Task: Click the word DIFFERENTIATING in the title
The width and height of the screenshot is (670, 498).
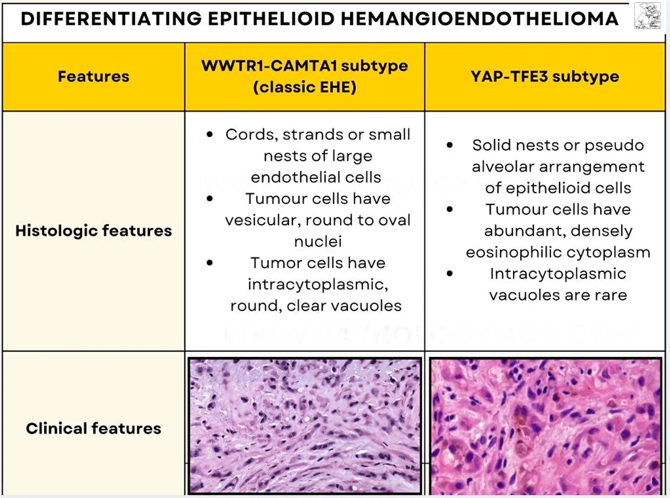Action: tap(111, 19)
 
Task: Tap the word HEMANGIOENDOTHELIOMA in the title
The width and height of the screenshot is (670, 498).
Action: tap(480, 19)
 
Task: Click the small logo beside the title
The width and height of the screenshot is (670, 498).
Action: tap(648, 16)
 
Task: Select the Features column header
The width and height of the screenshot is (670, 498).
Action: tap(94, 76)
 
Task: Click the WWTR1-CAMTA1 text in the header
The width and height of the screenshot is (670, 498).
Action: tap(269, 66)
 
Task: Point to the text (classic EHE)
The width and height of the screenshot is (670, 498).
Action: tap(305, 87)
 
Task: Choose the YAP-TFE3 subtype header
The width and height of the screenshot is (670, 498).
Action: tap(545, 77)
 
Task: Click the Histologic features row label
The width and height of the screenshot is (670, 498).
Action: tap(94, 231)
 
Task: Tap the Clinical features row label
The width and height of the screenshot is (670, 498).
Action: tap(94, 428)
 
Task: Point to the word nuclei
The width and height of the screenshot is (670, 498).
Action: tap(318, 241)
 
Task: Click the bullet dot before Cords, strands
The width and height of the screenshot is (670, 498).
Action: tap(210, 134)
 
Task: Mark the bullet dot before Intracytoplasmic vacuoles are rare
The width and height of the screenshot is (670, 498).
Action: tap(449, 274)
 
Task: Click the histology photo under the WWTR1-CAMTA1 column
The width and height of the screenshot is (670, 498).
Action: tap(304, 426)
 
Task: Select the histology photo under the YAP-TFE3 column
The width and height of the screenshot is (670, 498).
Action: tap(546, 426)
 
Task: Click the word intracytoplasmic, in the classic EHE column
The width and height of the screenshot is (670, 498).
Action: tap(318, 285)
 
